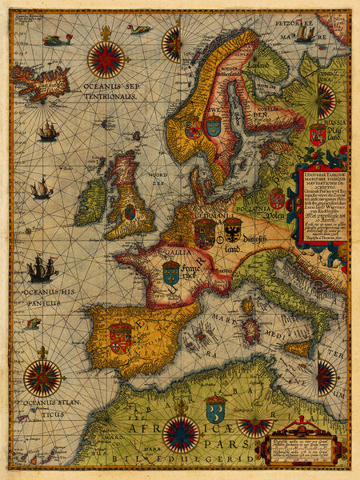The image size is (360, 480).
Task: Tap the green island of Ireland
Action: click(90, 201)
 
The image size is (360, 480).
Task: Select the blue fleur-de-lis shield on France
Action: click(170, 273)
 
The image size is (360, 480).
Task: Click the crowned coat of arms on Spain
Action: click(120, 338)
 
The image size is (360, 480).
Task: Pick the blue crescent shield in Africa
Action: click(215, 410)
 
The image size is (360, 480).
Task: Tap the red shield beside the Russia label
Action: click(317, 135)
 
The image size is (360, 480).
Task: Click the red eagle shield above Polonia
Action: click(277, 199)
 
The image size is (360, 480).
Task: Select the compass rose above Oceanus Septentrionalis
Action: click(106, 58)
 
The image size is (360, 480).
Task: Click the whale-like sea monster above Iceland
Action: click(58, 39)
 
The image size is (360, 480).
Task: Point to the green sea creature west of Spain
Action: click(33, 324)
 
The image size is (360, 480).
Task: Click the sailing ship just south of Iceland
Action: click(48, 131)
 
